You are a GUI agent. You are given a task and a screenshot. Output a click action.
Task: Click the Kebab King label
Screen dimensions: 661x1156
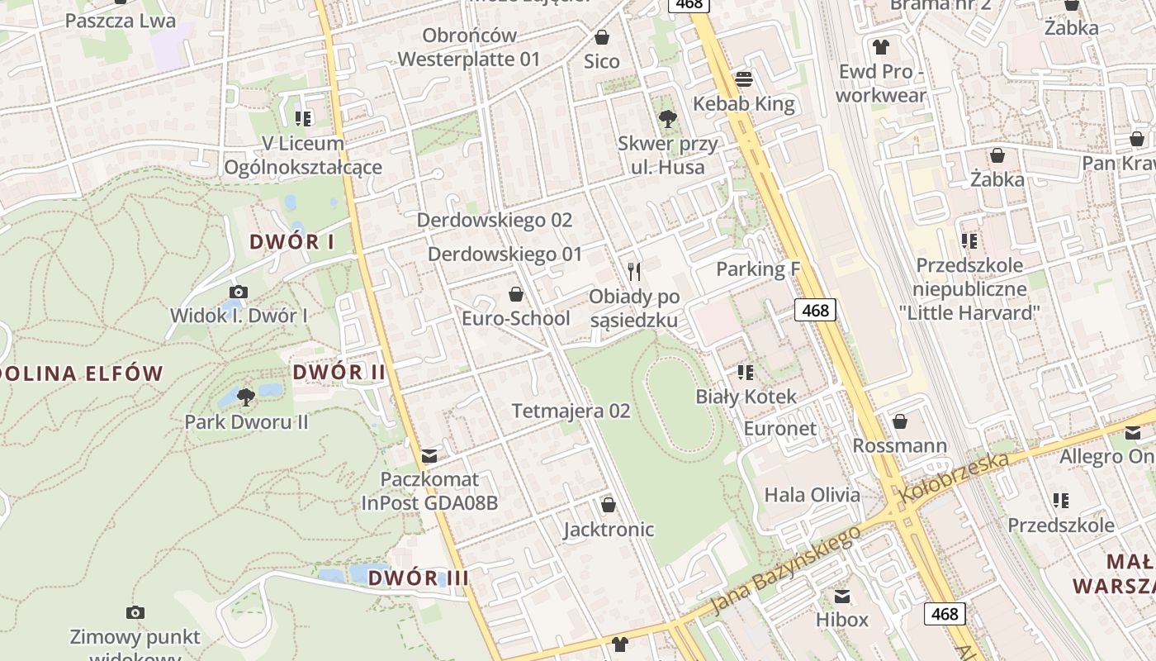pyautogui.click(x=743, y=103)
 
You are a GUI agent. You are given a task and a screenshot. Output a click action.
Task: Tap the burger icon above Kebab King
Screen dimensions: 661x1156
pyautogui.click(x=744, y=79)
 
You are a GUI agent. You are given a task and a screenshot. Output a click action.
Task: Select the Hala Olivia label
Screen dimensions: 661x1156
pyautogui.click(x=812, y=495)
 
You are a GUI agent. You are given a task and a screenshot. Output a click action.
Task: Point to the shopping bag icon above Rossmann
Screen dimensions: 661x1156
pyautogui.click(x=900, y=421)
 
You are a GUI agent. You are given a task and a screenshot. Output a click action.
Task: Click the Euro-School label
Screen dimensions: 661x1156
pyautogui.click(x=515, y=318)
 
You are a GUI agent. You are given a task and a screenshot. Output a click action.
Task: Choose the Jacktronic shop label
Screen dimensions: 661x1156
pyautogui.click(x=609, y=530)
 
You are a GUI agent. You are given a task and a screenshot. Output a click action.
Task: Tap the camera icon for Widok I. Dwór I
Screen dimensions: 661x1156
pyautogui.click(x=239, y=292)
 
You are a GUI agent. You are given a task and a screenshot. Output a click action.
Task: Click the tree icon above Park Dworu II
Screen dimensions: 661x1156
pyautogui.click(x=245, y=397)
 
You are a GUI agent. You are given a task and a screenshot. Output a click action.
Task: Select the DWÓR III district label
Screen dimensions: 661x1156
pyautogui.click(x=418, y=578)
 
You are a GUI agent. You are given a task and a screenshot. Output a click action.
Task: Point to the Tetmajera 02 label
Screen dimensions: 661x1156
pyautogui.click(x=571, y=411)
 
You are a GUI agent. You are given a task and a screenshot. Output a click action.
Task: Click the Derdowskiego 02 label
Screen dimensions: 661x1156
pyautogui.click(x=494, y=220)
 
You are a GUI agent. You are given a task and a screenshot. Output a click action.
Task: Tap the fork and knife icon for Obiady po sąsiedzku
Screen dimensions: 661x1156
pyautogui.click(x=634, y=271)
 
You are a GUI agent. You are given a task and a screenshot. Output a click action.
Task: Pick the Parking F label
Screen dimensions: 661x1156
pyautogui.click(x=758, y=269)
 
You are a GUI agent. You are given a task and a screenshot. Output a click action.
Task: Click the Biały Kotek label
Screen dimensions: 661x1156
pyautogui.click(x=746, y=397)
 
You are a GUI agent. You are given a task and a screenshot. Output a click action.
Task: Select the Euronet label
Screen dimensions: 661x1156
pyautogui.click(x=779, y=428)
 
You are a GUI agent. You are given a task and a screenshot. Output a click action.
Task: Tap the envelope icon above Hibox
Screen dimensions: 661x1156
pyautogui.click(x=842, y=596)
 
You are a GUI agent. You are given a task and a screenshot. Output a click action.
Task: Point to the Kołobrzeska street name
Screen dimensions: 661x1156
pyautogui.click(x=955, y=478)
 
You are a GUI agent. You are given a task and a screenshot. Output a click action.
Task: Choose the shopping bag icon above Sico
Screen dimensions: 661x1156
pyautogui.click(x=602, y=37)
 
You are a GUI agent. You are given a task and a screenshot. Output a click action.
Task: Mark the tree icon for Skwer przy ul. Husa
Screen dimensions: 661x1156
pyautogui.click(x=668, y=119)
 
